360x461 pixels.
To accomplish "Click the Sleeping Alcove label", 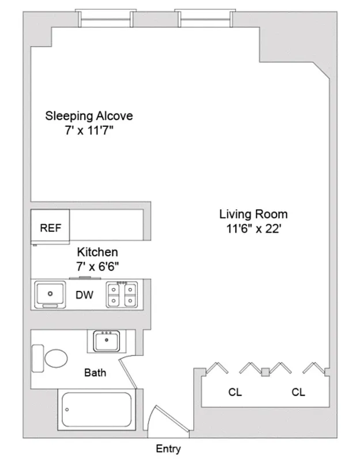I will pyautogui.click(x=89, y=116).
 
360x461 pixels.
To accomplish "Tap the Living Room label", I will pyautogui.click(x=253, y=214).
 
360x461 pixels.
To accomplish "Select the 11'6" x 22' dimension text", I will pyautogui.click(x=253, y=229).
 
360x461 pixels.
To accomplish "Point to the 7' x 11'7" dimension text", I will pyautogui.click(x=89, y=130).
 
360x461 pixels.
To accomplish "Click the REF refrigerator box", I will pyautogui.click(x=50, y=228).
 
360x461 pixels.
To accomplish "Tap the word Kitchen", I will pyautogui.click(x=98, y=252).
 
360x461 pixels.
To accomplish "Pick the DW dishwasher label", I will pyautogui.click(x=85, y=295).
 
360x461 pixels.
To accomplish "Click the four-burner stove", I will pyautogui.click(x=122, y=294).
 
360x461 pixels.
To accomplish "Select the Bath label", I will pyautogui.click(x=95, y=372).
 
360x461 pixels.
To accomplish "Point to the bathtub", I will pyautogui.click(x=96, y=410).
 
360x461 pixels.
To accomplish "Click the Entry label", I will pyautogui.click(x=168, y=449).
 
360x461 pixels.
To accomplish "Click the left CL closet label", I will pyautogui.click(x=235, y=392).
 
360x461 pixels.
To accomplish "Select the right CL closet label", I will pyautogui.click(x=298, y=392).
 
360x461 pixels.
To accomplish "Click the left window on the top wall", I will pyautogui.click(x=105, y=18).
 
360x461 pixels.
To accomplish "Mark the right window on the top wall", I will pyautogui.click(x=205, y=18).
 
